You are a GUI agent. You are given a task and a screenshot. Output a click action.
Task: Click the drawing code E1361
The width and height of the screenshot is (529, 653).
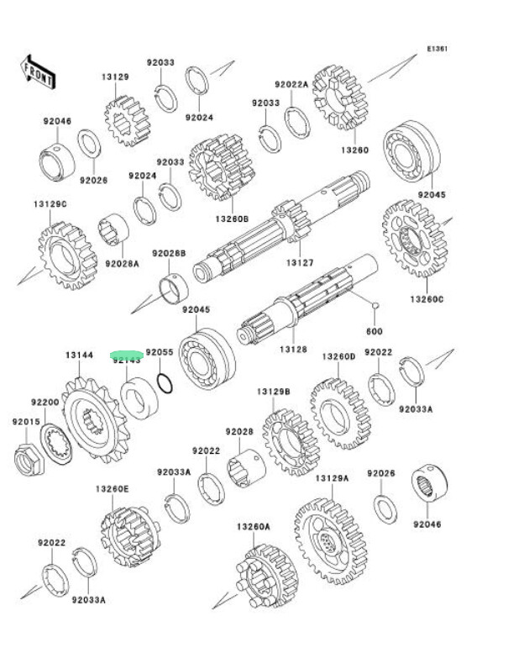tap(437, 49)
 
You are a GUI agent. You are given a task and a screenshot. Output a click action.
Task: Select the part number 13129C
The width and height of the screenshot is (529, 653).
tap(50, 204)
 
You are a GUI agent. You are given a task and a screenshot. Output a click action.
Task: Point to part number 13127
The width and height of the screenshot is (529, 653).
tap(300, 263)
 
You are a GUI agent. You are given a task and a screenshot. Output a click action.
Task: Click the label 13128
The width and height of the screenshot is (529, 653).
tap(294, 349)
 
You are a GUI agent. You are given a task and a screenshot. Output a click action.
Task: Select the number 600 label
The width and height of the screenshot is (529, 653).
tap(374, 331)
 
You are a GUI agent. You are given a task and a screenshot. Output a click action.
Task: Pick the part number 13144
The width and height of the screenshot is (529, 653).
tap(80, 355)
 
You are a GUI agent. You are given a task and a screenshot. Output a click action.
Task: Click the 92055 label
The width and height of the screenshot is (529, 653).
tap(160, 354)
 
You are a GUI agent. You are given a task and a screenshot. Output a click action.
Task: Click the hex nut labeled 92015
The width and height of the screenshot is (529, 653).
tap(26, 458)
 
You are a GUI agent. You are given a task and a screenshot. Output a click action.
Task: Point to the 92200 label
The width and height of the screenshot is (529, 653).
tap(45, 403)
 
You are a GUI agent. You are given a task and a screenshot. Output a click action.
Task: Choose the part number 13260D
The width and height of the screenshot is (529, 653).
tap(339, 356)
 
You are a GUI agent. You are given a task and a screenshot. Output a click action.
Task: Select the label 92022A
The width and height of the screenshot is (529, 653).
tap(291, 84)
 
